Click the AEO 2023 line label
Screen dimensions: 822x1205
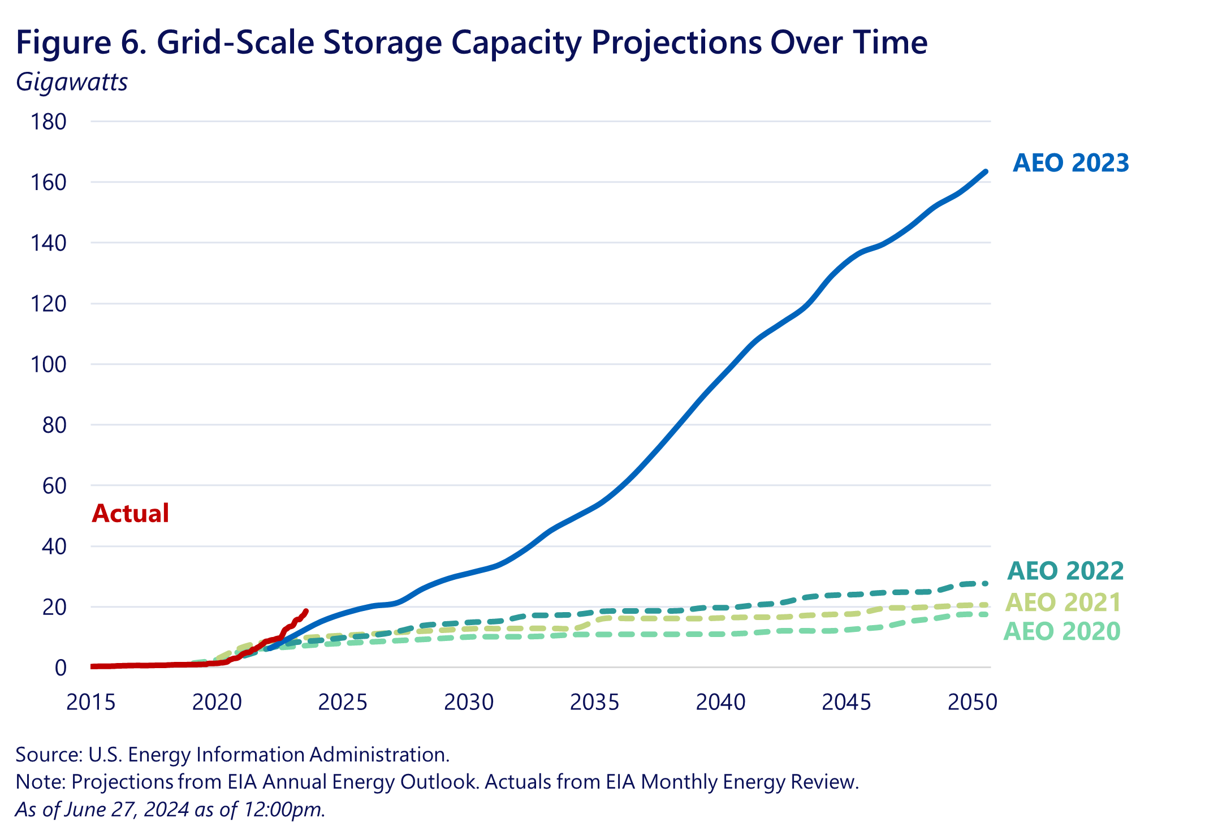1070,163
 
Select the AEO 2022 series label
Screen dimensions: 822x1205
1065,571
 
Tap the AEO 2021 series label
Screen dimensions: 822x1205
1063,602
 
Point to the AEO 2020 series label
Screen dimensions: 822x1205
1062,631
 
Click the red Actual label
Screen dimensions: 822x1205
130,513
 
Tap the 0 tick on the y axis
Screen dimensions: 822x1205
61,668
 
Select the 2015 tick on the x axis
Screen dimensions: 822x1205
91,702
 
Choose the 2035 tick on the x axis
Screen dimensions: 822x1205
594,702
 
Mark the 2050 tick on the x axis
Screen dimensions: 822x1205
972,702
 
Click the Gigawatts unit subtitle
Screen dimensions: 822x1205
72,82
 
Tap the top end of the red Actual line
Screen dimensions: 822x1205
306,611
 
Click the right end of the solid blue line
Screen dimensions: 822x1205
986,171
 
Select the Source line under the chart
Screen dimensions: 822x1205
232,755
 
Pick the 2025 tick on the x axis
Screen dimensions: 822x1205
343,702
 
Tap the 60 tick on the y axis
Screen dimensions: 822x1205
54,485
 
